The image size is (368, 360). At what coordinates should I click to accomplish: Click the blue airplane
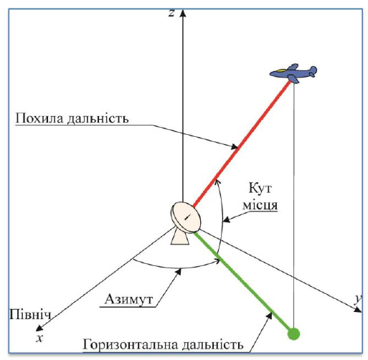pos(293,73)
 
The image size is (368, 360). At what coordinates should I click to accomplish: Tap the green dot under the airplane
pos(293,333)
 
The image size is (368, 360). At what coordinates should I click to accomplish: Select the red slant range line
pos(242,143)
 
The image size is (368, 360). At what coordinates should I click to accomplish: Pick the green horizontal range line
pos(244,282)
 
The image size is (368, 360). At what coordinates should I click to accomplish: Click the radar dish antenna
pos(186,217)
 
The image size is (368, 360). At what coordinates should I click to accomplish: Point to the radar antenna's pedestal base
pos(180,236)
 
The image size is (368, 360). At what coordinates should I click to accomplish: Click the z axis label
pos(171,13)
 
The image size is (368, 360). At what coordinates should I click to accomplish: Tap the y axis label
pos(357,299)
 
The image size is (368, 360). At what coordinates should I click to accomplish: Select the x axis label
pos(39,338)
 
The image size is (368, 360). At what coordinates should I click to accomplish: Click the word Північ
pos(30,315)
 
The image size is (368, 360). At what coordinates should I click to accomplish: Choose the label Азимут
pos(128,299)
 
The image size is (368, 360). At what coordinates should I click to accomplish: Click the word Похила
pos(40,118)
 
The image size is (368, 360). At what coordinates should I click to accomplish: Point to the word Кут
pos(260,188)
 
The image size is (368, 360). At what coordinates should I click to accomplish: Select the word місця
pos(260,205)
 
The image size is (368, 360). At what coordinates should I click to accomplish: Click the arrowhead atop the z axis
pos(183,13)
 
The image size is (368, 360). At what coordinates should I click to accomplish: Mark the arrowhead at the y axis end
pos(358,310)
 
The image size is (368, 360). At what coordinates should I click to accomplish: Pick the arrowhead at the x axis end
pos(39,328)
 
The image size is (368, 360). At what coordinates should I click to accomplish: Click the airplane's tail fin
pos(313,71)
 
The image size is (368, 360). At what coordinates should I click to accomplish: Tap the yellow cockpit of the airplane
pos(280,71)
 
